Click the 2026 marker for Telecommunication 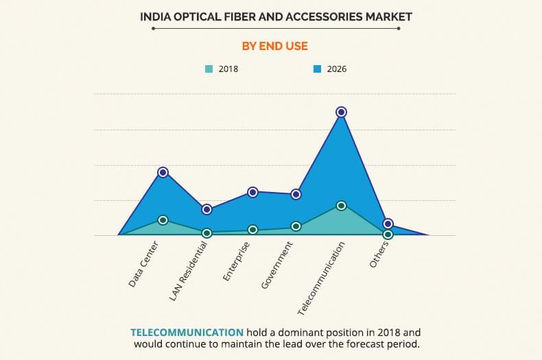pos(341,112)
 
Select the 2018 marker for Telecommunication pos(341,206)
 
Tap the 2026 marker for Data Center pos(163,172)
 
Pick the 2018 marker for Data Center pos(163,220)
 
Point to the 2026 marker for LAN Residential pos(207,209)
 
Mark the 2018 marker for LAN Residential pos(207,233)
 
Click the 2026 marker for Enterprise pos(252,192)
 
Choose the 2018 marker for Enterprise pos(252,230)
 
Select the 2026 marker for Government pos(296,194)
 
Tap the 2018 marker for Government pos(296,226)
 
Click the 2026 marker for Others pos(388,224)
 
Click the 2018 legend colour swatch pos(209,69)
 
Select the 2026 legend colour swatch pos(318,69)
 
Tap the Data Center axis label pos(143,264)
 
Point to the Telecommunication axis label pos(322,278)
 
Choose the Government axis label pos(277,265)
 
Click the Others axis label pos(379,254)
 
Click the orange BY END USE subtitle pos(274,46)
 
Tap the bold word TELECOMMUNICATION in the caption pos(187,332)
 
